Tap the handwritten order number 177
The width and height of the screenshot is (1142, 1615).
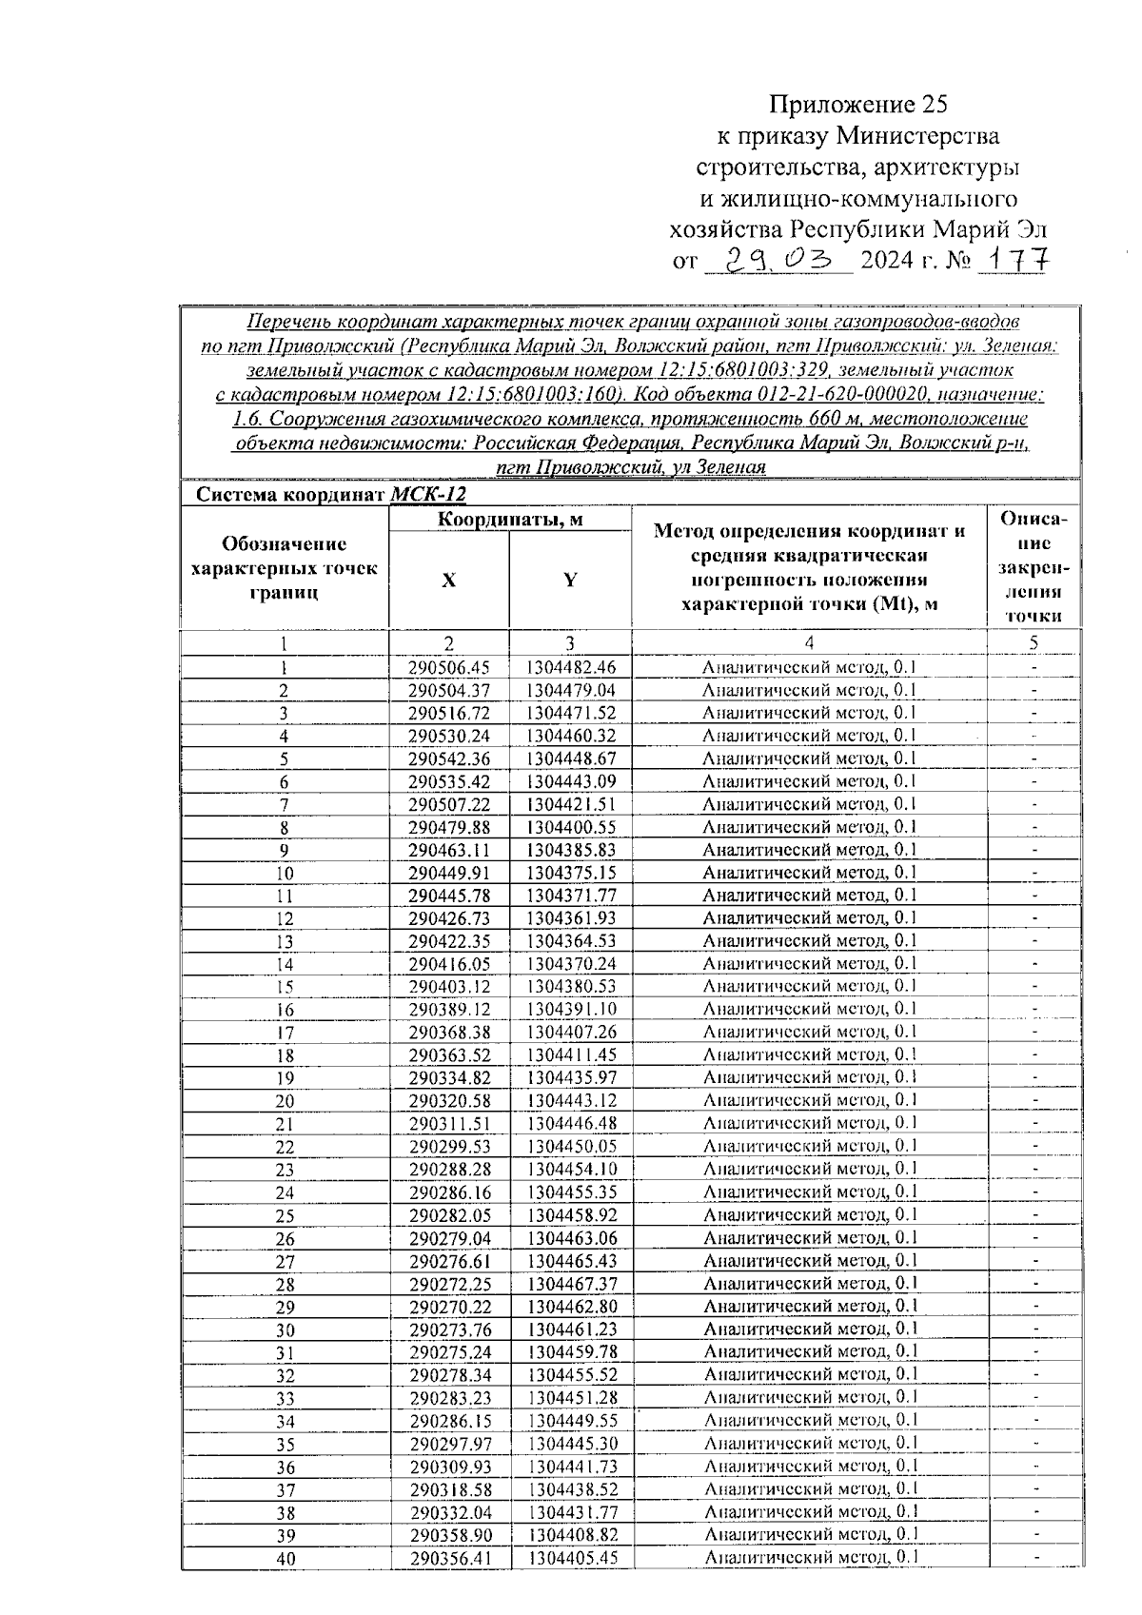pos(1014,260)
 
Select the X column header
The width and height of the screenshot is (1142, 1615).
pos(448,581)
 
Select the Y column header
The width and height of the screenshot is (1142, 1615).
pos(570,581)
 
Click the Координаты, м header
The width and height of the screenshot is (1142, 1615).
pos(510,520)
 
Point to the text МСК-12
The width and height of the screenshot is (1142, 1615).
pos(428,495)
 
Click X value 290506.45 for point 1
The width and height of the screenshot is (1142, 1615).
pos(449,667)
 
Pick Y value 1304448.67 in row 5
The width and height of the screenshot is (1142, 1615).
pos(571,758)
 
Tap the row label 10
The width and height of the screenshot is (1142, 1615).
pos(284,874)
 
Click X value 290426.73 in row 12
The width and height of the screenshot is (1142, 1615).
pos(449,918)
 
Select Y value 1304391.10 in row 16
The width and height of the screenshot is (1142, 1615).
pos(571,1010)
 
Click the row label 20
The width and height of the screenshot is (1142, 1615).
pos(285,1102)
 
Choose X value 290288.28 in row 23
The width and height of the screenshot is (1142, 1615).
pos(449,1170)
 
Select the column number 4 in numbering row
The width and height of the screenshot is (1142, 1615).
pos(809,643)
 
